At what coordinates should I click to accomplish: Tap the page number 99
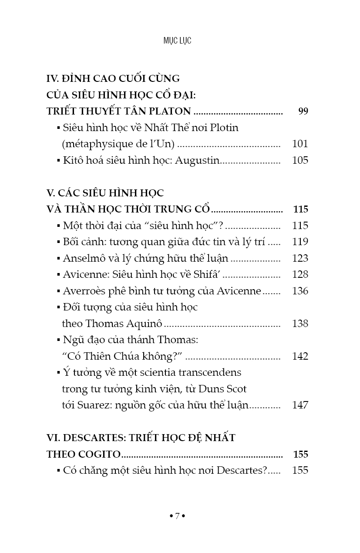[303, 111]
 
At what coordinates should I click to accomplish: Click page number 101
[300, 144]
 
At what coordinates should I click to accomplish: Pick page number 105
[300, 160]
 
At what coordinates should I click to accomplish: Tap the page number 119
[300, 242]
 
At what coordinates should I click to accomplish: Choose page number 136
[300, 291]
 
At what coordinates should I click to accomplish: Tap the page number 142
[300, 356]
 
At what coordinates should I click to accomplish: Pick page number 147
[300, 405]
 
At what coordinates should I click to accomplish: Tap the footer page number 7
[177, 516]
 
